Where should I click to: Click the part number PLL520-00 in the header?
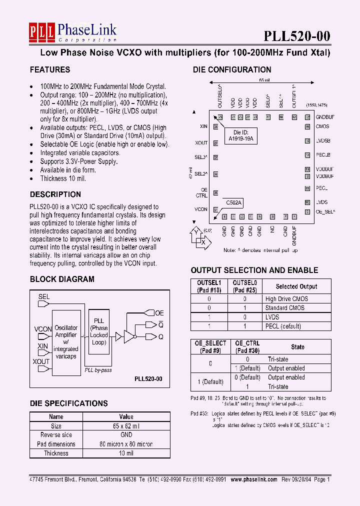tap(297, 36)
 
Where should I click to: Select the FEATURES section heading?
tap(50, 70)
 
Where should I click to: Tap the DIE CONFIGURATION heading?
tap(232, 70)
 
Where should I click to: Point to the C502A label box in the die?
tap(233, 202)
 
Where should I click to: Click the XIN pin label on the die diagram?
tap(203, 126)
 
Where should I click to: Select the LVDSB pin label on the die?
tap(323, 140)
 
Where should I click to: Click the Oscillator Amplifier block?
tap(66, 341)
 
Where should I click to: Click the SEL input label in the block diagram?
tap(44, 296)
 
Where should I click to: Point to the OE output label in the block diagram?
tap(159, 313)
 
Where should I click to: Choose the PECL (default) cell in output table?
tap(283, 326)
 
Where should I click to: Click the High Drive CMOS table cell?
tap(286, 299)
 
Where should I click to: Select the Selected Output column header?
tap(296, 286)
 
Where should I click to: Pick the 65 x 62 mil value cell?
tap(126, 426)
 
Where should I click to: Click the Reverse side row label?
tap(56, 435)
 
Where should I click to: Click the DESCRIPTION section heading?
tap(55, 194)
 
